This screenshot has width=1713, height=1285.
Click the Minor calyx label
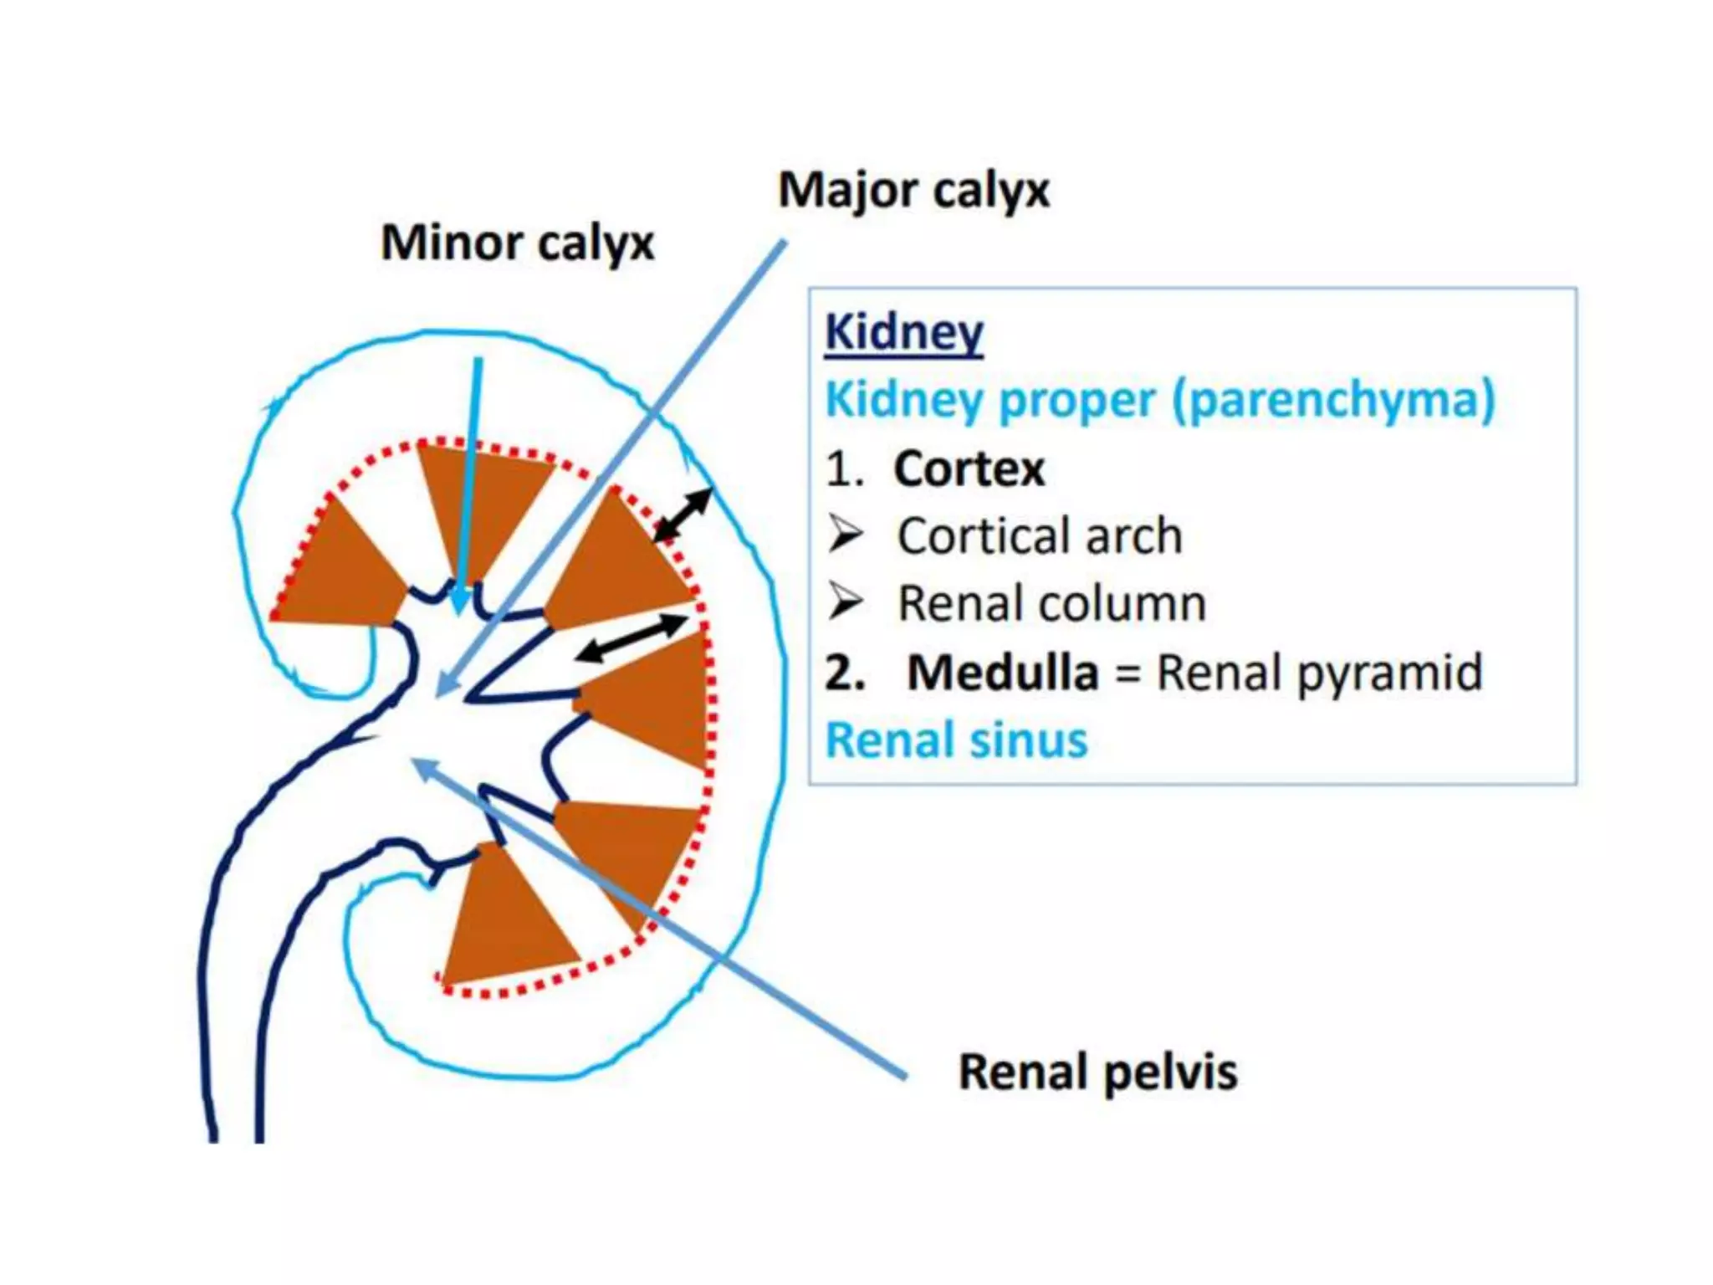tap(517, 243)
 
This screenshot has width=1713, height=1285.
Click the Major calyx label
tap(913, 191)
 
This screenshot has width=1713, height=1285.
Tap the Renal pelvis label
tap(1097, 1073)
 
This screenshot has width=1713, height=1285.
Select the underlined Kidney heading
tap(903, 333)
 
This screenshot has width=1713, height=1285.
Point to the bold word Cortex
tap(969, 468)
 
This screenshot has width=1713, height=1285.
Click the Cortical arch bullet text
tap(1040, 535)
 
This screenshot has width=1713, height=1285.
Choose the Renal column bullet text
tap(1051, 603)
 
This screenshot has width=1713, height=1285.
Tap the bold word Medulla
tap(1002, 672)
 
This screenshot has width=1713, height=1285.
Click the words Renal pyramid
tap(1318, 672)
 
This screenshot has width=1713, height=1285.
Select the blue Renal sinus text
tap(956, 740)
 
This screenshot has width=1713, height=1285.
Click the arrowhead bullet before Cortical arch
tap(845, 535)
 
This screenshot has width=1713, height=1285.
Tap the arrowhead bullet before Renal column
tap(845, 602)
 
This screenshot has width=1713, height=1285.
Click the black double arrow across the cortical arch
tap(682, 515)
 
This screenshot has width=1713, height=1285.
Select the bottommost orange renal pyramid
tap(502, 920)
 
